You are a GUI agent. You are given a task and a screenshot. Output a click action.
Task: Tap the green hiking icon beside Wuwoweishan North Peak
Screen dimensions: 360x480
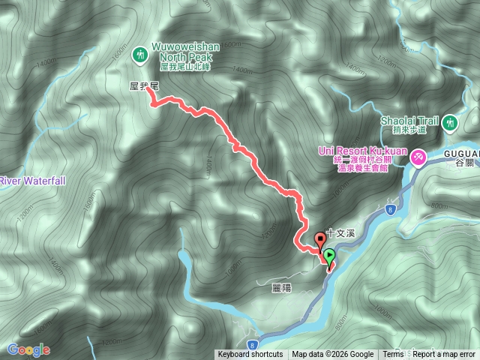139,54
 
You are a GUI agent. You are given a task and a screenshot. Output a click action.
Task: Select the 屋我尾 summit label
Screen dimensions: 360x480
142,87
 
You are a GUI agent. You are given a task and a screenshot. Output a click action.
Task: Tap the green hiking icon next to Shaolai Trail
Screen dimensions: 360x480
449,121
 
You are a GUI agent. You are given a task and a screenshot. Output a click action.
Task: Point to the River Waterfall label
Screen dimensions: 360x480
33,181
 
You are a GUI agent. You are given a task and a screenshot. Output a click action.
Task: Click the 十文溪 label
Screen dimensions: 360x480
339,233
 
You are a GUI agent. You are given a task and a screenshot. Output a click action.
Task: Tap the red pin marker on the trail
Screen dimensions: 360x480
321,241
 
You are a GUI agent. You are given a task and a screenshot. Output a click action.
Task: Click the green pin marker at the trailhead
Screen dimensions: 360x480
329,256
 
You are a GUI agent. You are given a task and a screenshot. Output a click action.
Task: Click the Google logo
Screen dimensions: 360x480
28,349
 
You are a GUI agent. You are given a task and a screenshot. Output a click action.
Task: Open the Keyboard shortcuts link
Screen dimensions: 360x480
250,355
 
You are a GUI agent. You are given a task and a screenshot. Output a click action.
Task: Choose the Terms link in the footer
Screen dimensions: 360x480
392,355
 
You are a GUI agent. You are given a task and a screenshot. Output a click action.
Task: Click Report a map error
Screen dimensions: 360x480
444,355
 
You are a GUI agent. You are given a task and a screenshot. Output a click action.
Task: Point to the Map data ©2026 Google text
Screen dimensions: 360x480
333,355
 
